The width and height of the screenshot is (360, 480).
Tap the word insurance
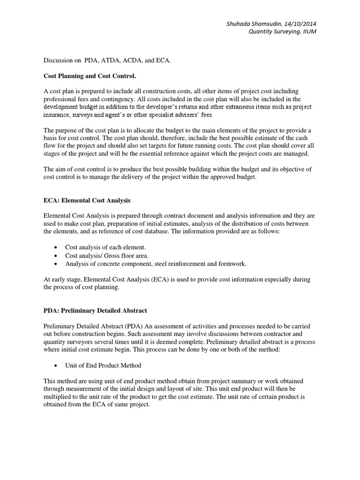[59, 115]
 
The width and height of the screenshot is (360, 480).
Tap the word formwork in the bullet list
[232, 263]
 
